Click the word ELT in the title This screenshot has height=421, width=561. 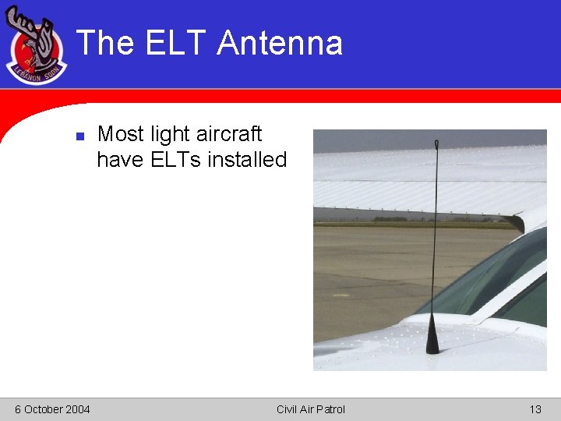coord(175,43)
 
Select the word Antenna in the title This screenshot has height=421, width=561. coord(280,43)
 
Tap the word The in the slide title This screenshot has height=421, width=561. coord(105,43)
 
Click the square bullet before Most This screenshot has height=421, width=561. coord(79,136)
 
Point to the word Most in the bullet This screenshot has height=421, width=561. coord(121,134)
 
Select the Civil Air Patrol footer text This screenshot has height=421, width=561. coord(310,409)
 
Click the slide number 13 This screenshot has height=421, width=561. coord(535,409)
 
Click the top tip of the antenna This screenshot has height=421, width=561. coord(437,143)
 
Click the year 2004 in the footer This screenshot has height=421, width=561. coord(77,409)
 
